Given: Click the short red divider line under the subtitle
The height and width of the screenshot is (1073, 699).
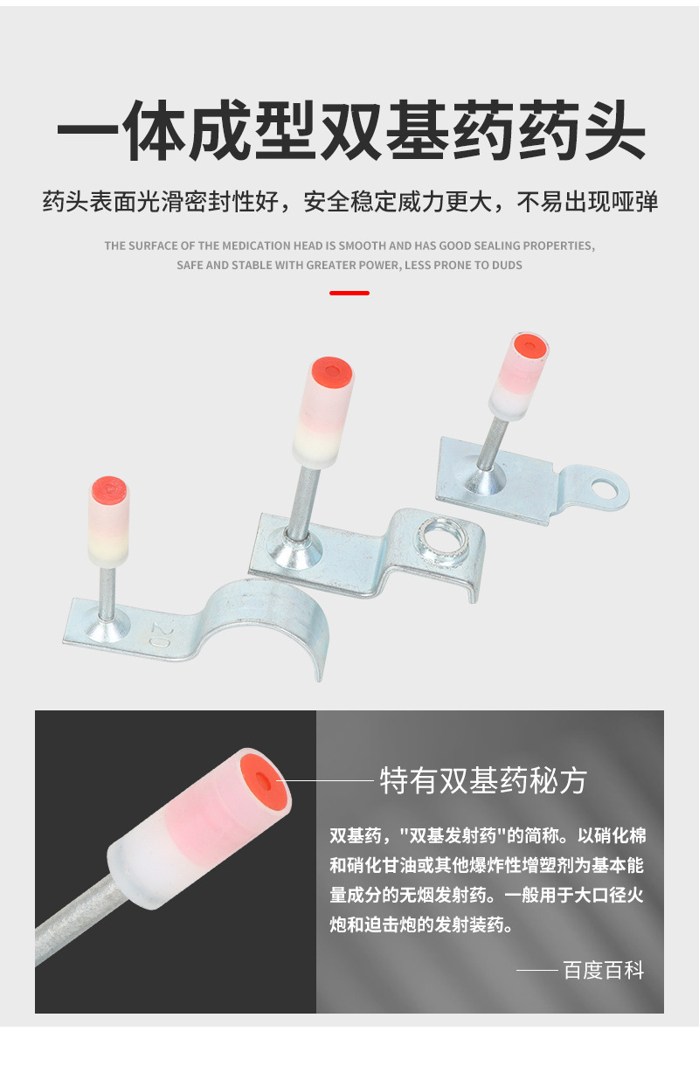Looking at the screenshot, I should [x=349, y=293].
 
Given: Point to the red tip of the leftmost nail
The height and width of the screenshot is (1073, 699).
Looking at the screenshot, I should [x=109, y=488].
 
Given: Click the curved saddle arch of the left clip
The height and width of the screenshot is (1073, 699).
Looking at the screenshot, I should [x=271, y=612].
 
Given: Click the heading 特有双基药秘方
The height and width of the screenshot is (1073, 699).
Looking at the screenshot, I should [x=483, y=779].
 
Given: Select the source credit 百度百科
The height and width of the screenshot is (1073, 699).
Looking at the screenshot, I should [x=603, y=970].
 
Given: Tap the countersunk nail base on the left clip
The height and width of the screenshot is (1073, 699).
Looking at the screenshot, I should [x=111, y=621].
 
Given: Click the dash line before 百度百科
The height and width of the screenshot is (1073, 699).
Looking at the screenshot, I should [x=536, y=970].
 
